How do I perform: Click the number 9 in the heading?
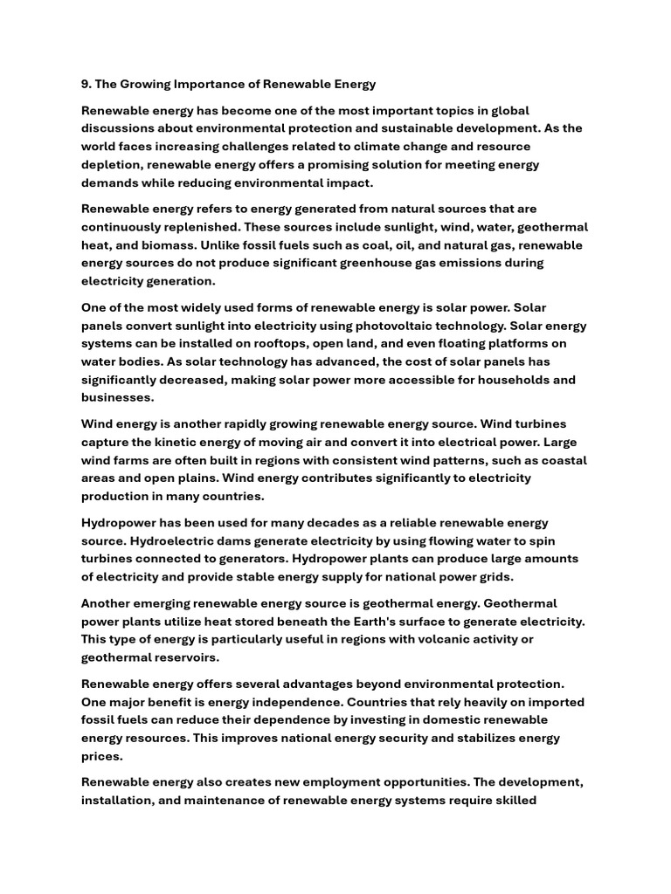tap(85, 84)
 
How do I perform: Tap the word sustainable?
tap(450, 128)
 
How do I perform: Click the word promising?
tap(351, 164)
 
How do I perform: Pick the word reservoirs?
tap(185, 657)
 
